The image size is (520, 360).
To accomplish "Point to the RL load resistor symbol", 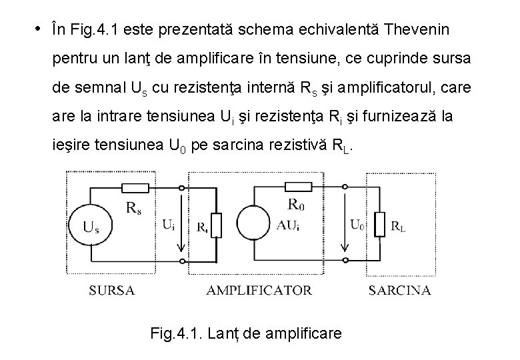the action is tap(379, 224).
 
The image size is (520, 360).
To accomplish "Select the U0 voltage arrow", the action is tap(345, 224).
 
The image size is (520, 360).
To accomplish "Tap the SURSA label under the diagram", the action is tap(113, 290).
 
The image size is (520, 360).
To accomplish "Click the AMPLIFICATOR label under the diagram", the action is tap(259, 290).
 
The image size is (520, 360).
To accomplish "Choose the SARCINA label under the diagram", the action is tap(399, 290).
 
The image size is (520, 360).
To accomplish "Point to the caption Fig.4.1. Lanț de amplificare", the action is tap(247, 331).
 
